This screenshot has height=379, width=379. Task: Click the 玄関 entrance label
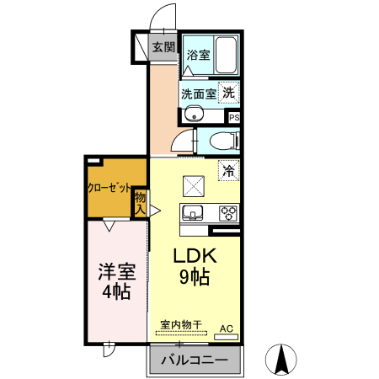(x=163, y=47)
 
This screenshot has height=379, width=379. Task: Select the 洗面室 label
(x=199, y=93)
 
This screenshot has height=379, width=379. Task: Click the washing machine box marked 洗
(x=229, y=93)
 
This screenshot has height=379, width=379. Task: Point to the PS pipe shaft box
(x=233, y=118)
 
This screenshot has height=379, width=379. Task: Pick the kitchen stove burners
(x=228, y=212)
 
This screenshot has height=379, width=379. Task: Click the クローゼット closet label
(x=107, y=187)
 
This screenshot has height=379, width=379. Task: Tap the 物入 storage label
(x=141, y=203)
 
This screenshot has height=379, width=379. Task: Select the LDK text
(x=195, y=256)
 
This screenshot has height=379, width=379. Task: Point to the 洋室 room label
(x=116, y=271)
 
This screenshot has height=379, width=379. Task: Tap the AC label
(x=226, y=328)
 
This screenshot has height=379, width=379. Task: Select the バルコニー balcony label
(x=194, y=360)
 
